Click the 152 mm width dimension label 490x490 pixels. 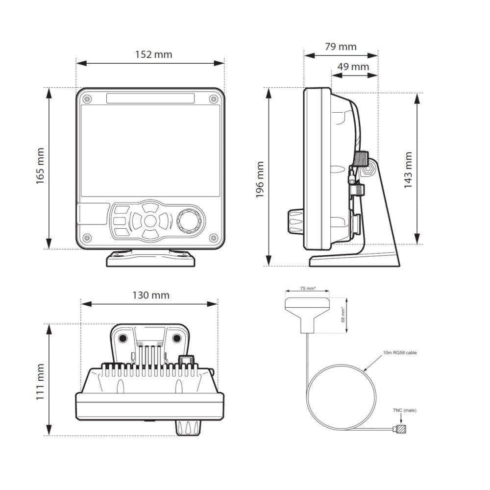click(153, 54)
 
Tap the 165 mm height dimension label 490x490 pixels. click(40, 167)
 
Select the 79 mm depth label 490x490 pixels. click(341, 47)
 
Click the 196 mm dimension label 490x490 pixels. click(260, 180)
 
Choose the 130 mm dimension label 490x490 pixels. click(150, 295)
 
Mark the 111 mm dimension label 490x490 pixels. click(40, 381)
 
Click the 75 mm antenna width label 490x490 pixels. click(307, 289)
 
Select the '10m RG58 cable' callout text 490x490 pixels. click(400, 352)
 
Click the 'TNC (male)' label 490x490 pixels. click(405, 410)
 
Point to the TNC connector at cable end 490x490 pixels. click(401, 430)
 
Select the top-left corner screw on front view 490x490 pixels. click(87, 99)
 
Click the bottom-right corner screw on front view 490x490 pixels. click(213, 238)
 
